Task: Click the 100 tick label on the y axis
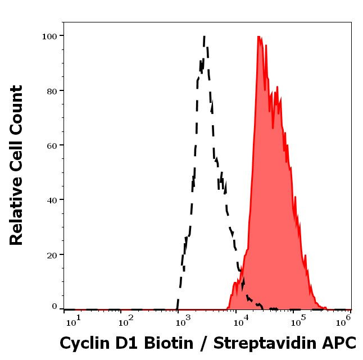click(49, 36)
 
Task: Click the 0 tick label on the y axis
click(55, 307)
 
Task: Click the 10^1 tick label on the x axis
click(74, 320)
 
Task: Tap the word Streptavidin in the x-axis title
click(270, 343)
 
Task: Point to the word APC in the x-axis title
click(341, 342)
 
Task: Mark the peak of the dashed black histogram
click(204, 37)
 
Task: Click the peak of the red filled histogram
click(258, 37)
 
